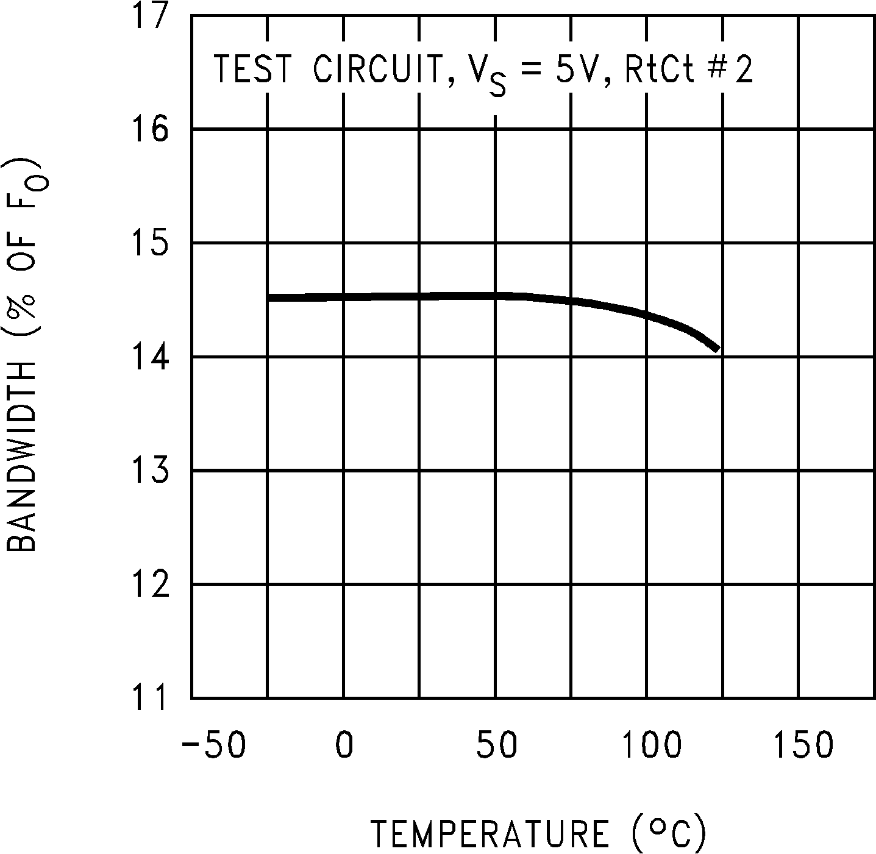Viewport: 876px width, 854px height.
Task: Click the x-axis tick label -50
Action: [213, 745]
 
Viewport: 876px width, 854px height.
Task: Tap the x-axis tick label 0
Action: [344, 745]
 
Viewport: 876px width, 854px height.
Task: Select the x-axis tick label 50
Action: [496, 745]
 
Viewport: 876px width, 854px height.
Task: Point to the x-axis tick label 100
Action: [651, 745]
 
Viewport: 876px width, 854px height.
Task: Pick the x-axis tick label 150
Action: [803, 745]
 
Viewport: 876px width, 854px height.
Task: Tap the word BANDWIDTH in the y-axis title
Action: [23, 458]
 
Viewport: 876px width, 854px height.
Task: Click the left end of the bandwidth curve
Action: [269, 297]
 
